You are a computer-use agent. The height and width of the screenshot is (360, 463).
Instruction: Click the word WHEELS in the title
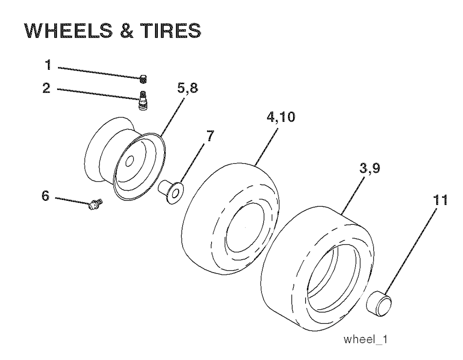[69, 31]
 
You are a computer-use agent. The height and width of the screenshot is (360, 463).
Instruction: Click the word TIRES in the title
[171, 31]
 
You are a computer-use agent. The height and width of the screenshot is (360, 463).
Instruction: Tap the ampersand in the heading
[127, 31]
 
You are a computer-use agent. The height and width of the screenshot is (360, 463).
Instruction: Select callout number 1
[48, 65]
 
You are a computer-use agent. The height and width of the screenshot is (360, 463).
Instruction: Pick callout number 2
[47, 88]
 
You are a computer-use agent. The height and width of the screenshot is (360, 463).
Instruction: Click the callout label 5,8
[187, 88]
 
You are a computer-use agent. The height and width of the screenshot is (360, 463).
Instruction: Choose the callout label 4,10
[280, 117]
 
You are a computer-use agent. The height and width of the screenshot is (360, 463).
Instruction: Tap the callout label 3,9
[369, 169]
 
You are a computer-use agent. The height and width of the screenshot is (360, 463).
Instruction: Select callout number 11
[440, 200]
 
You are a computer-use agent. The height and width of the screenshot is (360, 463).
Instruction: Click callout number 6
[45, 196]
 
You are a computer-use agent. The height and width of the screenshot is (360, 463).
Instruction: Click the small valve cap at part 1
[143, 79]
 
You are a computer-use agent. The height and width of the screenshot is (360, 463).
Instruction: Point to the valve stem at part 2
[142, 100]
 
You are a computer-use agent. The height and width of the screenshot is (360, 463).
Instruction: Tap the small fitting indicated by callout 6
[95, 204]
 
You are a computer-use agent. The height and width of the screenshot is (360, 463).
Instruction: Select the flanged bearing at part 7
[171, 192]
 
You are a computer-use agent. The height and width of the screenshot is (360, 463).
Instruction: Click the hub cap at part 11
[379, 303]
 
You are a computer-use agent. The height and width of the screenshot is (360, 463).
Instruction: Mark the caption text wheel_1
[365, 339]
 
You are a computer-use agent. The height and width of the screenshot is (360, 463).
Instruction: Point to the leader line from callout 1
[99, 73]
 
